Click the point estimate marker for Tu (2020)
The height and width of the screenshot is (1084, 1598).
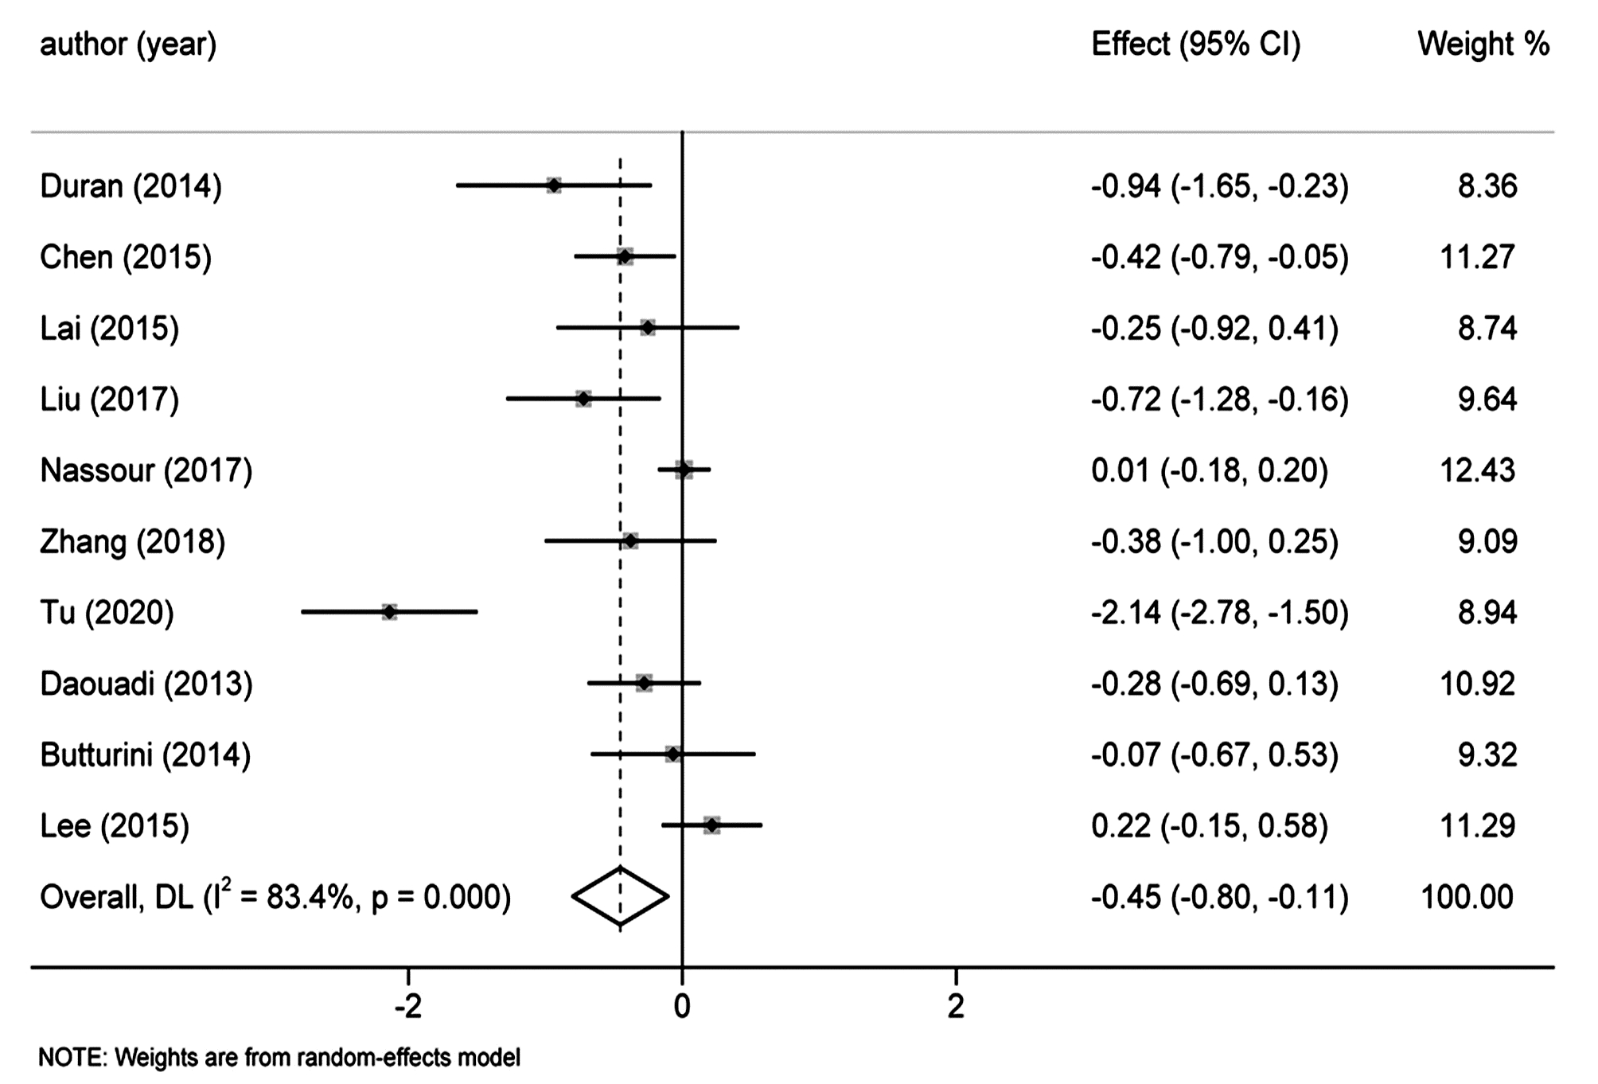pyautogui.click(x=389, y=612)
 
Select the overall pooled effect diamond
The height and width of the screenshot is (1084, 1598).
pyautogui.click(x=620, y=896)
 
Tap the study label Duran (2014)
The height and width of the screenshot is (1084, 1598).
pyautogui.click(x=131, y=186)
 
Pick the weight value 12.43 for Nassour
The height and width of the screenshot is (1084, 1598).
pyautogui.click(x=1477, y=470)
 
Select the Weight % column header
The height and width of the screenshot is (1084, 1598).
pyautogui.click(x=1483, y=45)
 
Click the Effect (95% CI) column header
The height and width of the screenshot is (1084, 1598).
pyautogui.click(x=1195, y=45)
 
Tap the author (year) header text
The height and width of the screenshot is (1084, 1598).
pyautogui.click(x=128, y=45)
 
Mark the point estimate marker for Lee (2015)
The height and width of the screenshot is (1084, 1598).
pyautogui.click(x=711, y=825)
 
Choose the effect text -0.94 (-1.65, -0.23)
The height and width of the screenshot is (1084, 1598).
pyautogui.click(x=1219, y=186)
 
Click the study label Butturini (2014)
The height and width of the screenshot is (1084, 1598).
pyautogui.click(x=146, y=755)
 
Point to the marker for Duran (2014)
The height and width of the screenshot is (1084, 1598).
pyautogui.click(x=554, y=186)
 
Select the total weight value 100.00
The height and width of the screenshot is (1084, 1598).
pyautogui.click(x=1467, y=897)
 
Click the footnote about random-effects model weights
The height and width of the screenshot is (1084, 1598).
pyautogui.click(x=279, y=1058)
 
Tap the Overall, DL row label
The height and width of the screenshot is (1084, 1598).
pyautogui.click(x=275, y=897)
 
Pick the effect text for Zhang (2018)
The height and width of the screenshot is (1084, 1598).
pyautogui.click(x=1214, y=541)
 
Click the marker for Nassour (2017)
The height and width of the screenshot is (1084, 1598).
pyautogui.click(x=684, y=470)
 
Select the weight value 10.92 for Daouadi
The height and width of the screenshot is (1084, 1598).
pyautogui.click(x=1477, y=684)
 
